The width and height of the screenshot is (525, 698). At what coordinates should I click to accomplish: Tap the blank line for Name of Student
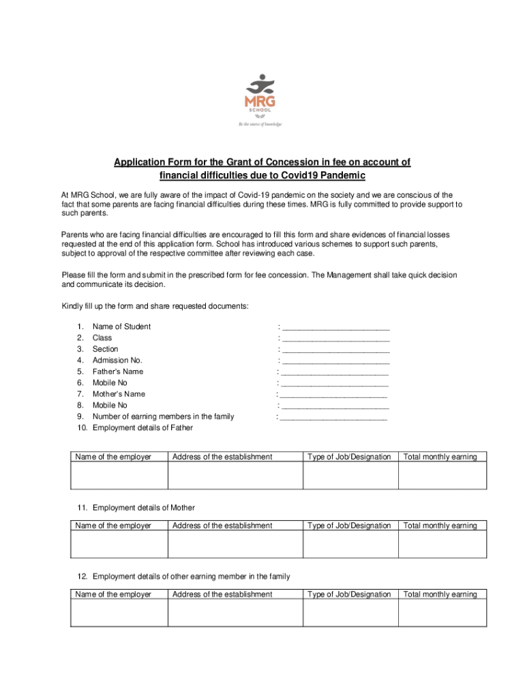[335, 328]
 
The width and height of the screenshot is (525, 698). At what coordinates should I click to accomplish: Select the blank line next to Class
[335, 339]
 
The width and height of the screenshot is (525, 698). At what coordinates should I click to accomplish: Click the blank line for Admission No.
[335, 361]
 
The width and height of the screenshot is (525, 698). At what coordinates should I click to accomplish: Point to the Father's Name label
[118, 371]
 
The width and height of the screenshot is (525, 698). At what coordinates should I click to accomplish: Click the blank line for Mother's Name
[333, 395]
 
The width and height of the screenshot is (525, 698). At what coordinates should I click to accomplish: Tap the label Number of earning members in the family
[163, 416]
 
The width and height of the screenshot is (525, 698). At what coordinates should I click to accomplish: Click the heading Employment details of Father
[142, 427]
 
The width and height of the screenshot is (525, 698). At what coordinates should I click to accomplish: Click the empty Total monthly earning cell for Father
[442, 475]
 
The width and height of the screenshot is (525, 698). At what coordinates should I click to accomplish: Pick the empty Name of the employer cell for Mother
[119, 544]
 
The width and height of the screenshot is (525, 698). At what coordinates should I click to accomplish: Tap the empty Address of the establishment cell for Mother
[235, 544]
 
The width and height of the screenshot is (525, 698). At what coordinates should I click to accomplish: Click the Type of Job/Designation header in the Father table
[350, 457]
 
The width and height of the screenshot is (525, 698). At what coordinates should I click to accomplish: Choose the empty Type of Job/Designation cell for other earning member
[350, 613]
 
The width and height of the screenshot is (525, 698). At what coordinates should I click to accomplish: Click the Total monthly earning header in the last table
[440, 594]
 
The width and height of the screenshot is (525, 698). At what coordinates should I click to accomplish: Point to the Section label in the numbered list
[105, 349]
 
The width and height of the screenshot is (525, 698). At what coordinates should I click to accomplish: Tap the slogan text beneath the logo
[260, 124]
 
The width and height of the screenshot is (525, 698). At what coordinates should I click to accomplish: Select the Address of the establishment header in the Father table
[222, 457]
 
